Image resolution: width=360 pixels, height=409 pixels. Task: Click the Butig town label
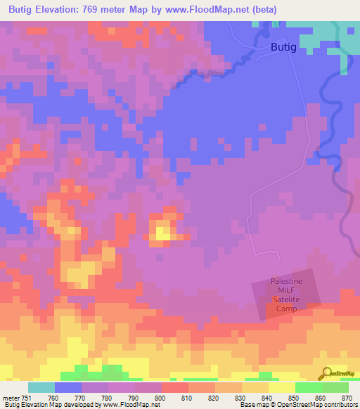(x=283, y=47)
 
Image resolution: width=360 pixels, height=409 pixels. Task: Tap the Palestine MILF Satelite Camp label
(x=286, y=294)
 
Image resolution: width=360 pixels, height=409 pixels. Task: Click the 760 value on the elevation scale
(x=53, y=398)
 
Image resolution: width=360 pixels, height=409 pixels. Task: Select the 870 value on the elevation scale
(x=346, y=398)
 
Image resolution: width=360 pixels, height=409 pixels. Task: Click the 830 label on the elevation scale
(x=240, y=398)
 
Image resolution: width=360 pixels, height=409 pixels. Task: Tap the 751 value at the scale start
(x=27, y=398)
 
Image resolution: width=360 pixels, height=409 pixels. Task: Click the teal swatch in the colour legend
(x=41, y=387)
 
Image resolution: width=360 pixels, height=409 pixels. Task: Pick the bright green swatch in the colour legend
(x=308, y=387)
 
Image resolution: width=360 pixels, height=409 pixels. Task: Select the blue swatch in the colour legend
(x=68, y=387)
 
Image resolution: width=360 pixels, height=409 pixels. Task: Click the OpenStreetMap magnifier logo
(x=325, y=372)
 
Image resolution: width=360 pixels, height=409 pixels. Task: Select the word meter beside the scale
(x=11, y=398)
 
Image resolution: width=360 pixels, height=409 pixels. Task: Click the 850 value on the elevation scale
(x=293, y=398)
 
